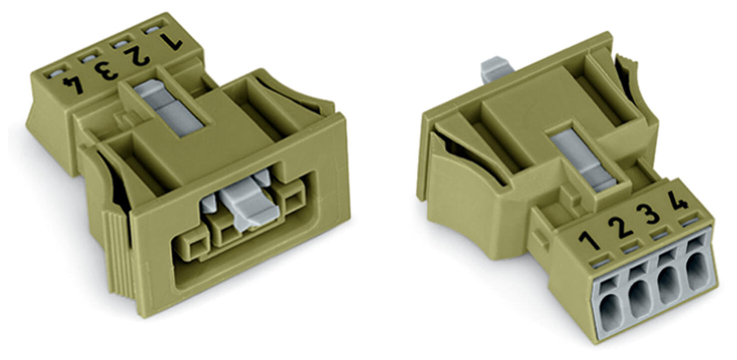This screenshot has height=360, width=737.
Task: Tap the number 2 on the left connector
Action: coord(137,56)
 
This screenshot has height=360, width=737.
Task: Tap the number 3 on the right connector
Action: coord(648,214)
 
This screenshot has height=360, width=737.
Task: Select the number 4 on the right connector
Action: coord(678,200)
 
